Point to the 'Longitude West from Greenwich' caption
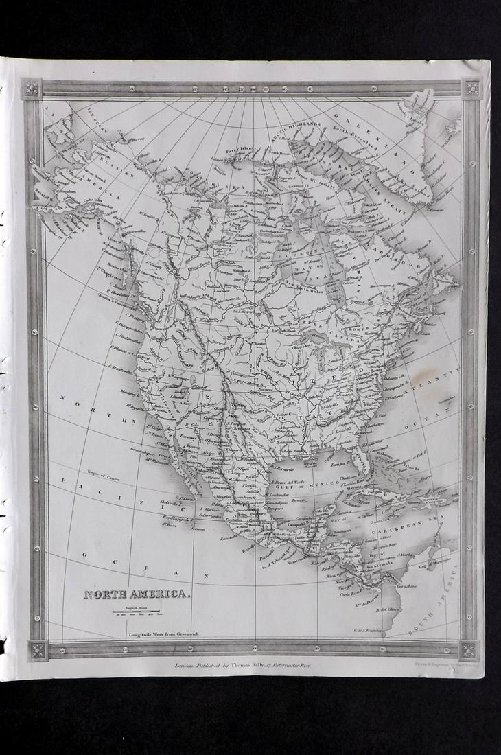pos(163,634)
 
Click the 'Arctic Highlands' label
pos(298,125)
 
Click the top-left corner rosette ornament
pos(32,89)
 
